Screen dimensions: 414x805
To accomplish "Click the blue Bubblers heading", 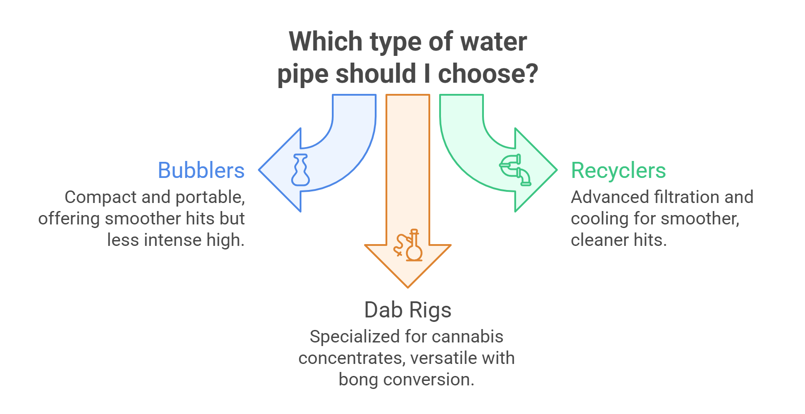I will (201, 171).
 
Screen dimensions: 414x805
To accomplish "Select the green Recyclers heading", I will (618, 171).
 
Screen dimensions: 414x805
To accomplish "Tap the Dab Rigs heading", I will (407, 310).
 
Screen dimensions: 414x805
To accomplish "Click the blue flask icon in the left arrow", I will (300, 170).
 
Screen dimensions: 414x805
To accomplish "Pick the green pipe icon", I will (515, 169).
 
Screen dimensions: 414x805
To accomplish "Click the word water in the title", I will (494, 42).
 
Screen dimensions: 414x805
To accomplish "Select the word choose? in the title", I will (487, 74).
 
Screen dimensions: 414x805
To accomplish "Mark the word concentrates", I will (352, 358).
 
